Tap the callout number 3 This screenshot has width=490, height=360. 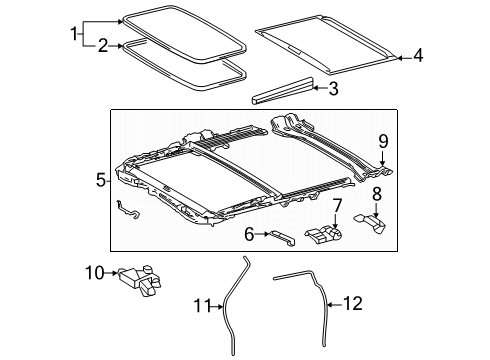pos(333,89)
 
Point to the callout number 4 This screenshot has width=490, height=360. pos(418,57)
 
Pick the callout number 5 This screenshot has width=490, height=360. pos(101,180)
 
